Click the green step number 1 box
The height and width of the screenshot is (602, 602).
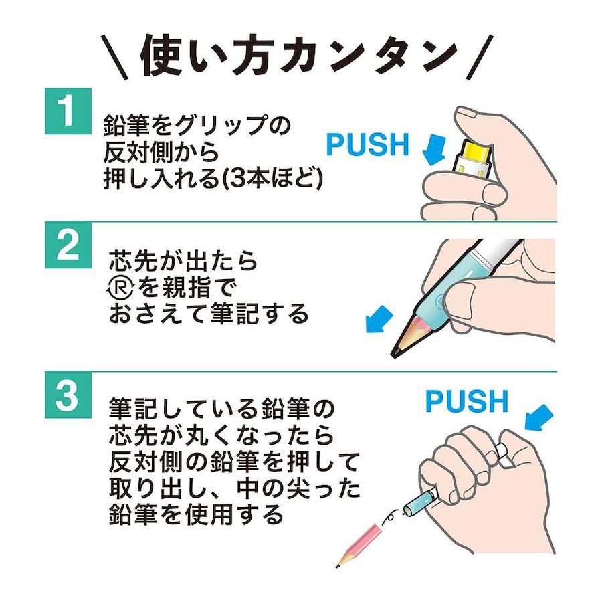(x=68, y=111)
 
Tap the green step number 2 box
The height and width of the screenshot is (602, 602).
(x=68, y=245)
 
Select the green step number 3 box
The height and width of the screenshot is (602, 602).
(x=68, y=395)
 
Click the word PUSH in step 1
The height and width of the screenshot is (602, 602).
(x=367, y=144)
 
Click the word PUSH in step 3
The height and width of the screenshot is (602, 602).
(x=467, y=401)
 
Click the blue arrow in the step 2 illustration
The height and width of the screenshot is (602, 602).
(x=379, y=319)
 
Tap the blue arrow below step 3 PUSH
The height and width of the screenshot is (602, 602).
(x=538, y=417)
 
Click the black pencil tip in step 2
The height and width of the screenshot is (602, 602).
(x=395, y=350)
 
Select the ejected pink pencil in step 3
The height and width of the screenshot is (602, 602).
(x=359, y=545)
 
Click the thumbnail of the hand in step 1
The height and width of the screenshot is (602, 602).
(x=465, y=113)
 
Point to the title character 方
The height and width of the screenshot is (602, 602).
(x=248, y=57)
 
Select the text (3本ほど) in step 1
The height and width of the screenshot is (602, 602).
(x=273, y=178)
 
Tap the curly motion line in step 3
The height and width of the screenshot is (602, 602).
(x=391, y=517)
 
